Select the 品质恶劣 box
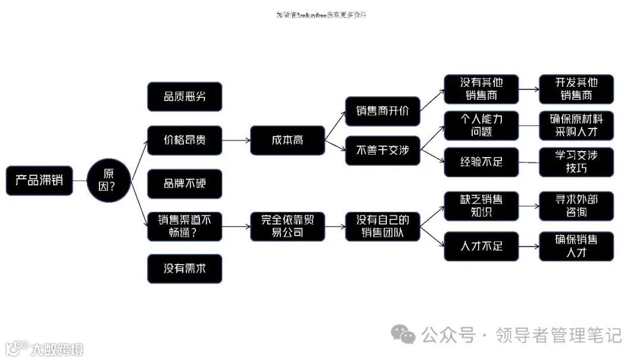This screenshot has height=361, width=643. [x=185, y=96]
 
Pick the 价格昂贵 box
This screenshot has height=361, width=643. [x=185, y=140]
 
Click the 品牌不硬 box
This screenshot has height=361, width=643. [x=185, y=183]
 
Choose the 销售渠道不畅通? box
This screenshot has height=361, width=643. [x=185, y=226]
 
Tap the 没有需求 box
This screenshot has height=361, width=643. [x=185, y=268]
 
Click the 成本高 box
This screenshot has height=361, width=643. [x=288, y=140]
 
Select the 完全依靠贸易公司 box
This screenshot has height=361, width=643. [x=288, y=226]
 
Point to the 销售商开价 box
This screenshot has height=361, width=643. [x=383, y=111]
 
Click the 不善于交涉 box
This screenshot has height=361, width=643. [x=383, y=150]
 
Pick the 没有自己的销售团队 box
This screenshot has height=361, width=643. [x=383, y=226]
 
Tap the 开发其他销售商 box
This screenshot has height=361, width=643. [x=576, y=89]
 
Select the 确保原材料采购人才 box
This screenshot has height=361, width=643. [x=576, y=125]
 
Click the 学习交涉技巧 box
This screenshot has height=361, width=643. [x=576, y=162]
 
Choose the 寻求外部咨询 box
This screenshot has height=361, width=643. [x=576, y=206]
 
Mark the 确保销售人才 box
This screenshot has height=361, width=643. [x=576, y=246]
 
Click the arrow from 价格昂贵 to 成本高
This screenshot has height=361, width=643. [x=236, y=140]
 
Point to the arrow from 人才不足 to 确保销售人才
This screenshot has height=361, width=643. [x=528, y=246]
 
